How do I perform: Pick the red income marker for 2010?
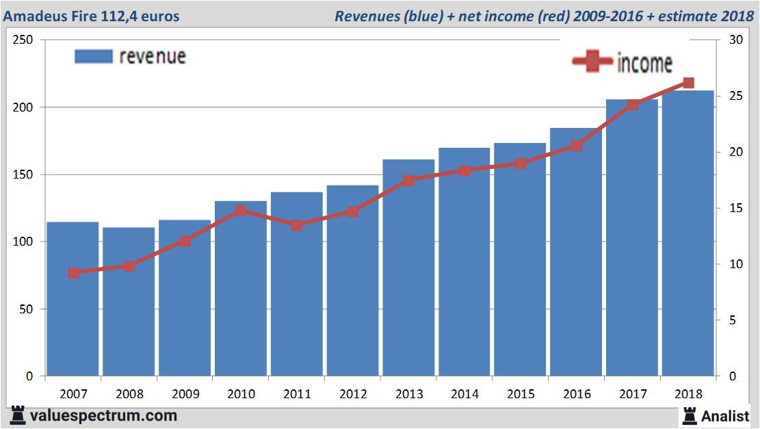tap(241, 211)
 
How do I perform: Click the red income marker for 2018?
tap(688, 83)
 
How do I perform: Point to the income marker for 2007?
tap(73, 273)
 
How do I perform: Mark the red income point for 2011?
tap(297, 225)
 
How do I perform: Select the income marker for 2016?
tap(576, 146)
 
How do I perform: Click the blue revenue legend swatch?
tap(93, 56)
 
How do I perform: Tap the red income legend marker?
tap(592, 62)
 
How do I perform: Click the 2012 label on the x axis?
tap(353, 394)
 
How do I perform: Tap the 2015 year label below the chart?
tap(521, 394)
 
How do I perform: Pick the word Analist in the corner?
tap(724, 415)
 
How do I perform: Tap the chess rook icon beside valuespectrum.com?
tap(18, 415)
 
